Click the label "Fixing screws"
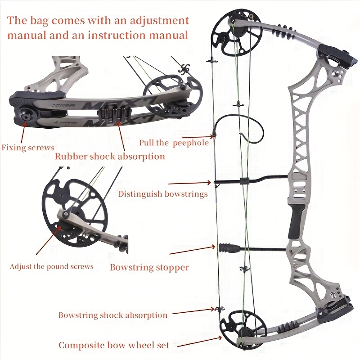[x=28, y=147]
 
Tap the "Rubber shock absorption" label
[x=110, y=157]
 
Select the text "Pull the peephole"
[x=174, y=143]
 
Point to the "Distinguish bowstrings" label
[x=163, y=194]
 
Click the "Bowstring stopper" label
[x=149, y=267]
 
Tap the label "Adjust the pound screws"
[x=52, y=266]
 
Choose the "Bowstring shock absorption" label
[x=112, y=315]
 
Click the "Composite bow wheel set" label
[x=114, y=345]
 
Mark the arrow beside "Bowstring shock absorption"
[x=193, y=311]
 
